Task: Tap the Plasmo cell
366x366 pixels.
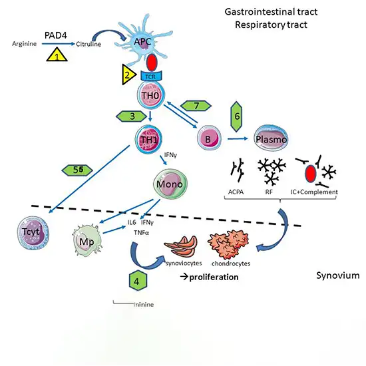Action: pyautogui.click(x=272, y=140)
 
